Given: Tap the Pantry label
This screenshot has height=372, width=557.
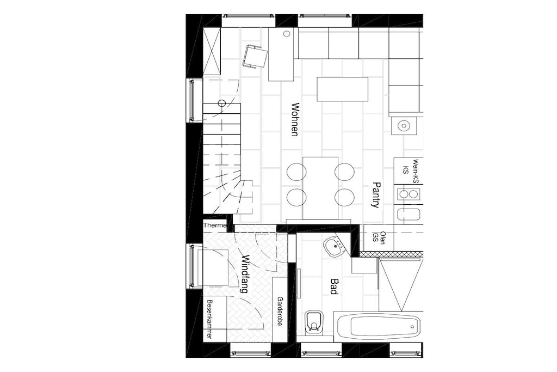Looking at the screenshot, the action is [x=376, y=195].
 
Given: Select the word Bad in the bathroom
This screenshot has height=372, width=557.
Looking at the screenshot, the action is [x=333, y=286].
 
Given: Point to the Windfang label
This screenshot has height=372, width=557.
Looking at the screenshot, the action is [x=245, y=273].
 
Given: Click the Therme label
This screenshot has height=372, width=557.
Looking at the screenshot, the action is [x=215, y=225].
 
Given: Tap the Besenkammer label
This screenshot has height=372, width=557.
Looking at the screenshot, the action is [x=209, y=319].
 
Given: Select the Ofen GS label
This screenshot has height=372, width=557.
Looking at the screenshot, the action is [x=379, y=237].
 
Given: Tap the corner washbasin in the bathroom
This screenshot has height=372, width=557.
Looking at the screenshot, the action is [x=335, y=246].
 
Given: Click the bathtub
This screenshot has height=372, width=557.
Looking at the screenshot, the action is [x=379, y=326].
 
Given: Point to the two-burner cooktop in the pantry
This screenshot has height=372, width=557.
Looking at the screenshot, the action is [x=409, y=194].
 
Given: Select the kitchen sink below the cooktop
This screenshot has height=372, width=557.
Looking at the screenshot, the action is [x=409, y=215].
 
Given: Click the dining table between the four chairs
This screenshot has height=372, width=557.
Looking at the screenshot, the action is [x=320, y=188].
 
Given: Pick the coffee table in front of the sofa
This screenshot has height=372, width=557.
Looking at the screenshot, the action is [x=343, y=89].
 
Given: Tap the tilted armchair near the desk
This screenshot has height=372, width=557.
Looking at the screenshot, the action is [x=255, y=57].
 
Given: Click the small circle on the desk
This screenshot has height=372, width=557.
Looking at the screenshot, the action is [x=287, y=34].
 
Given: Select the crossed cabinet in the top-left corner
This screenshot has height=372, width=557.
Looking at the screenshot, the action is [x=212, y=52].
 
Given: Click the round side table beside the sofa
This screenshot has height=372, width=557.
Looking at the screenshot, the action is [x=404, y=125].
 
